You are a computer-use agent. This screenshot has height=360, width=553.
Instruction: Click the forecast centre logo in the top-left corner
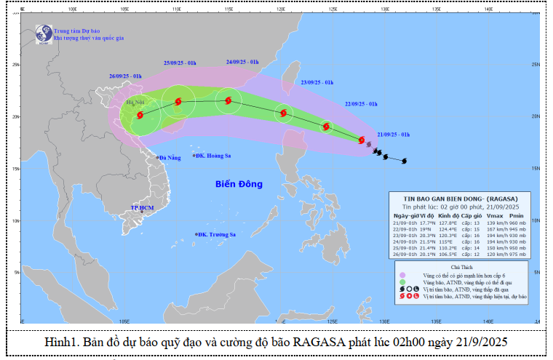click(42, 33)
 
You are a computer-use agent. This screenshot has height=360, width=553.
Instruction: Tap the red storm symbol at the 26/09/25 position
click(140, 115)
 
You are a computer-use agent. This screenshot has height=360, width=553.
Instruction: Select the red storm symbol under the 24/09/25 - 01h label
click(228, 101)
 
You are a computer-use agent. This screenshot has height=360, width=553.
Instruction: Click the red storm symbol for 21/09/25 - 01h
click(362, 140)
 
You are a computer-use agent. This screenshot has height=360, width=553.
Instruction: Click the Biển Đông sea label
click(238, 184)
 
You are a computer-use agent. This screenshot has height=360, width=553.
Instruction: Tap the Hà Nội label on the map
click(135, 103)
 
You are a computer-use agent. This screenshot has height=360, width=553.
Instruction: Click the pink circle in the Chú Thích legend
click(402, 276)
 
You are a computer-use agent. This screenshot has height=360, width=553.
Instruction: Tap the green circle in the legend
click(402, 283)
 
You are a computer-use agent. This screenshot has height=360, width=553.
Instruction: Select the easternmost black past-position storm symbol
click(405, 161)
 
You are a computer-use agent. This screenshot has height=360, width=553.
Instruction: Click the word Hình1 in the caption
click(61, 342)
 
